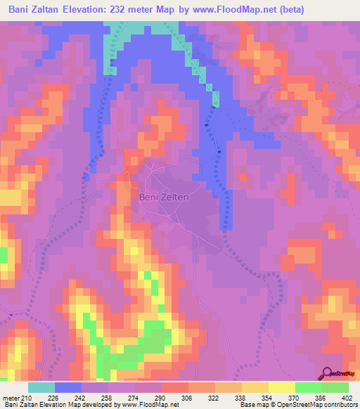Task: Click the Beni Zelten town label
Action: pyautogui.click(x=164, y=197)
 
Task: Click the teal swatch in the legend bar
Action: pyautogui.click(x=41, y=387)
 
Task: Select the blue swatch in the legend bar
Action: pyautogui.click(x=68, y=387)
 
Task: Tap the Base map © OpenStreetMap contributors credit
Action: pyautogui.click(x=298, y=404)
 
